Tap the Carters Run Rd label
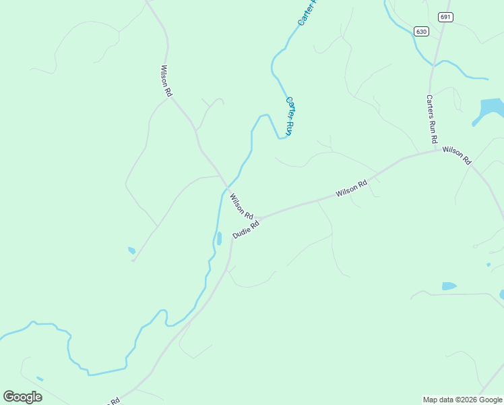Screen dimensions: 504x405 (431, 119)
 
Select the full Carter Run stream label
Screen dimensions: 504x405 (290, 116)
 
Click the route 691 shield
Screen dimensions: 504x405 (444, 17)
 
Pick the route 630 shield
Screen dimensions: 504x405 (421, 32)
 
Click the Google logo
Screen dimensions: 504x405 (22, 397)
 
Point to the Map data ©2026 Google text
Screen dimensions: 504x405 (462, 400)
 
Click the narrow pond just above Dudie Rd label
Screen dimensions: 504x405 (219, 238)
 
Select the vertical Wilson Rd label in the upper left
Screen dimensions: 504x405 (166, 81)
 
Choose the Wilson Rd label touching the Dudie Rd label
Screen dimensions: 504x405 (241, 206)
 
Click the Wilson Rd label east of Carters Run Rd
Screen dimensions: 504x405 (457, 155)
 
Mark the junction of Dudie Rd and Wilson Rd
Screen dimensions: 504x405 (255, 219)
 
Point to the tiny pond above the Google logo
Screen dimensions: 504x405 (40, 379)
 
